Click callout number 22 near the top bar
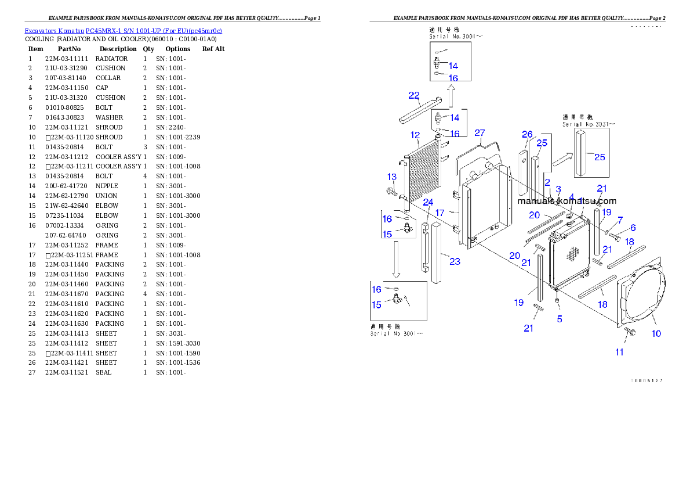click(x=414, y=95)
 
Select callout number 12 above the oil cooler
click(x=415, y=135)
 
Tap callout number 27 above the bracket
click(x=479, y=133)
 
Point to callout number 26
click(x=526, y=135)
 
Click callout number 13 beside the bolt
click(x=392, y=177)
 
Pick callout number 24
click(x=428, y=202)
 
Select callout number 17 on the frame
click(x=440, y=213)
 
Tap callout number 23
click(x=455, y=261)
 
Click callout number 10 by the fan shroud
click(x=656, y=333)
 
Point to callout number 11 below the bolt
click(x=619, y=352)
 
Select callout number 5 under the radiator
click(x=560, y=318)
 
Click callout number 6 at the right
click(x=633, y=228)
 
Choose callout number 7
click(x=620, y=220)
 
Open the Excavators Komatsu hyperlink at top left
click(x=123, y=31)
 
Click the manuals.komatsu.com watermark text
click(x=566, y=201)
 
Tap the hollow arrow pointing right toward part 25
click(x=561, y=160)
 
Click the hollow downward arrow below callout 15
click(x=397, y=258)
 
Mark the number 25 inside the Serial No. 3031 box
click(x=600, y=157)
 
